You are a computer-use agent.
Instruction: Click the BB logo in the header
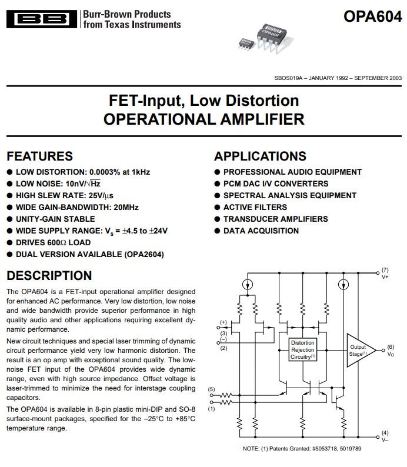[42, 19]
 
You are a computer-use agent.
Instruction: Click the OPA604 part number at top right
[373, 16]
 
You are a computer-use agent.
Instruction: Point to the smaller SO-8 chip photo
[247, 44]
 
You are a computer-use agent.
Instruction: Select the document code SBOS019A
[288, 78]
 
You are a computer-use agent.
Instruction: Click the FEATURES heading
[39, 156]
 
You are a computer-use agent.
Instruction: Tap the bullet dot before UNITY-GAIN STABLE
[9, 219]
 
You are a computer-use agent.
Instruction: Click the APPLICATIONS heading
[260, 156]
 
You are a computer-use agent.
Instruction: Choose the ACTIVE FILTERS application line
[255, 207]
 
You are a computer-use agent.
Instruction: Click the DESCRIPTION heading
[49, 275]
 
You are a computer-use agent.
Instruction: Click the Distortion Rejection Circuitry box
[302, 349]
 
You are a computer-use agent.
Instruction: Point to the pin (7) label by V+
[385, 270]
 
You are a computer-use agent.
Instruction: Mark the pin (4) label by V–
[385, 433]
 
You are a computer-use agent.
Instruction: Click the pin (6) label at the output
[391, 347]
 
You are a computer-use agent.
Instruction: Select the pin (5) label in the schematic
[211, 389]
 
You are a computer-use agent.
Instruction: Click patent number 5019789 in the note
[351, 449]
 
